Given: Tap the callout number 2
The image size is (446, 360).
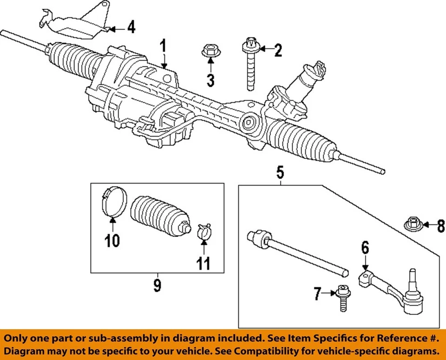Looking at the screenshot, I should click(277, 50).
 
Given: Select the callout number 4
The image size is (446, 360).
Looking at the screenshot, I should click(132, 28).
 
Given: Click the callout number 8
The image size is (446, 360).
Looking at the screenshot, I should click(440, 227).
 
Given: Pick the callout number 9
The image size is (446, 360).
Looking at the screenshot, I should click(157, 285).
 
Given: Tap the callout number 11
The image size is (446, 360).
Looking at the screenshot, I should click(203, 264).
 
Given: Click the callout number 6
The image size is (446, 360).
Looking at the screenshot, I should click(365, 248).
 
